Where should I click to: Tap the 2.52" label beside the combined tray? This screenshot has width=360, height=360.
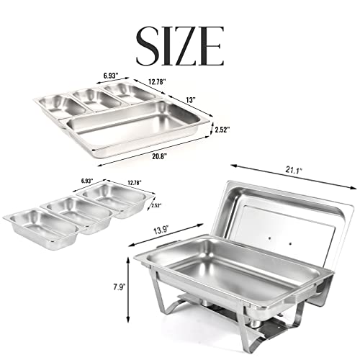pos(225,130)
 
